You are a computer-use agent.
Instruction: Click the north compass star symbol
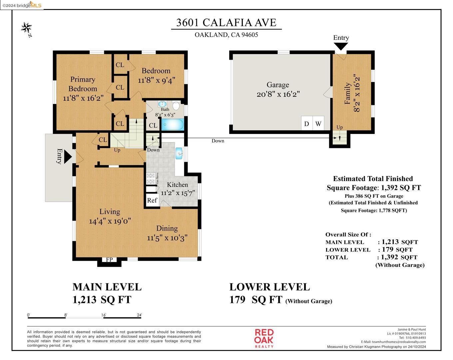pos(27,28)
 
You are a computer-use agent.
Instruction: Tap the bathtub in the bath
pos(172,125)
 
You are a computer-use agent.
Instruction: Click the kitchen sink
pos(179,153)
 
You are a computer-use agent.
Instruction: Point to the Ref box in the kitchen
pos(152,200)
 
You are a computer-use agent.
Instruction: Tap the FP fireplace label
pos(109,260)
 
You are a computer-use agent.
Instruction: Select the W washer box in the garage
pos(318,124)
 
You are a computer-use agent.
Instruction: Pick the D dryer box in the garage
pos(307,124)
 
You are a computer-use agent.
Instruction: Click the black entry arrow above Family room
pos(341,46)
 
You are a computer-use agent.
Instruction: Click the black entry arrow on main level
pos(68,156)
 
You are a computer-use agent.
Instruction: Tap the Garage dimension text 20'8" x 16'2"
pos(278,94)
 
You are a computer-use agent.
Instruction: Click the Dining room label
pos(167,228)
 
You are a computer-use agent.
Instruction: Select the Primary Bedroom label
pos(83,84)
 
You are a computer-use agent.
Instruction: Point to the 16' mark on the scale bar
pos(104,315)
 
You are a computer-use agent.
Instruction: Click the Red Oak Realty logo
pos(264,338)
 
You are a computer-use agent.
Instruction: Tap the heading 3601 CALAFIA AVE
pos(226,22)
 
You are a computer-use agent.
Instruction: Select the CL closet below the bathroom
pos(153,125)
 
